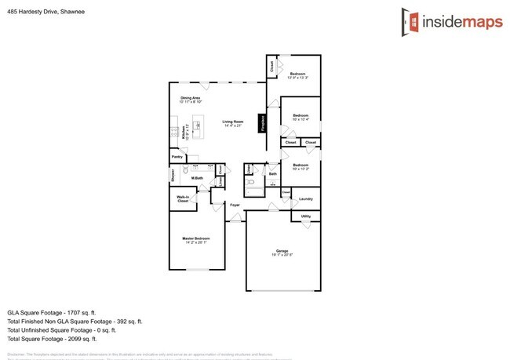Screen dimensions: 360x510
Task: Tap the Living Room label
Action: [233, 122]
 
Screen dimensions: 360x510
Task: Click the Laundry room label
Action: [306, 198]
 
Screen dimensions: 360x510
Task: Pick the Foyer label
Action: [234, 205]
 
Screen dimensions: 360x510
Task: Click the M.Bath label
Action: [198, 178]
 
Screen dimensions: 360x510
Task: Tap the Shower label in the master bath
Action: [173, 176]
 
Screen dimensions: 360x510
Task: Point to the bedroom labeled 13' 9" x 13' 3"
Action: [297, 75]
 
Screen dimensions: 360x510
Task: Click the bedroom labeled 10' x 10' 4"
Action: [301, 117]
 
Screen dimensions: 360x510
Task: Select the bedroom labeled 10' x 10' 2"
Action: [301, 166]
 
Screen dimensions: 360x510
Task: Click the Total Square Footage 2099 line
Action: [52, 339]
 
